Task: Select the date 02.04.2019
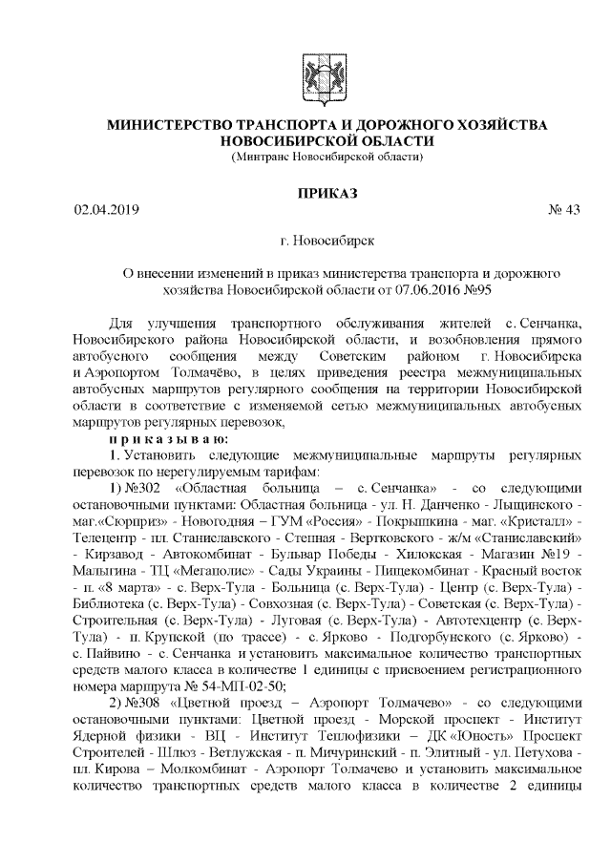(107, 211)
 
